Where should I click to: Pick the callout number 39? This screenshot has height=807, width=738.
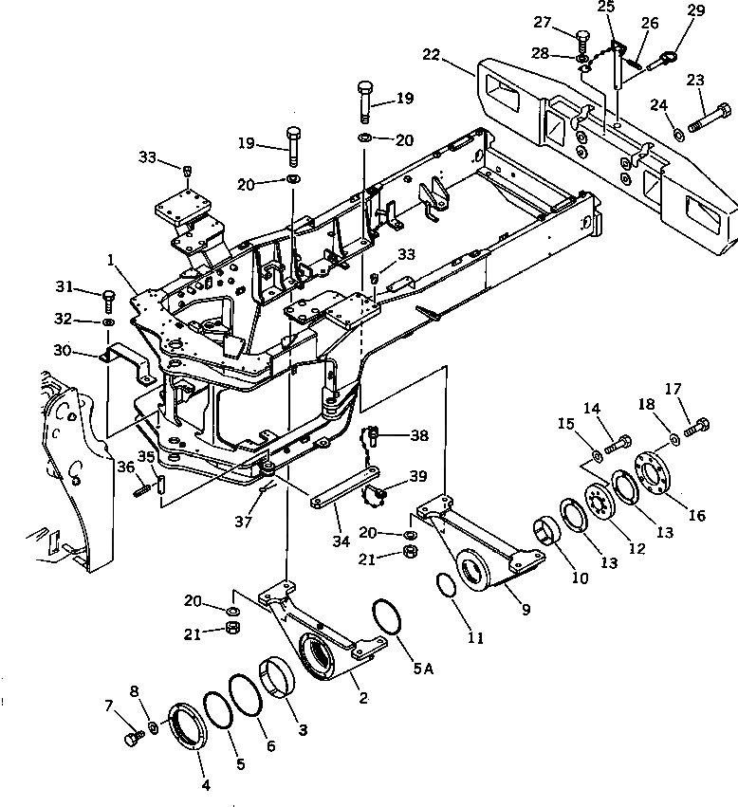tap(418, 474)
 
